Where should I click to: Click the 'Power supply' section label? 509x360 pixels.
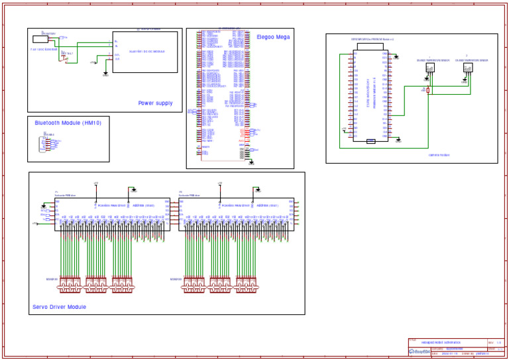[155, 103]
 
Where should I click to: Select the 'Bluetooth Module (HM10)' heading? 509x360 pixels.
[68, 123]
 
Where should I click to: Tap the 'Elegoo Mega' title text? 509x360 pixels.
[273, 37]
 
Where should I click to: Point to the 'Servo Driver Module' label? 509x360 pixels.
[59, 307]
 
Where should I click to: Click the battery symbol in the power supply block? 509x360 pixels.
[40, 39]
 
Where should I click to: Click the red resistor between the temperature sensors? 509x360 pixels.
[428, 90]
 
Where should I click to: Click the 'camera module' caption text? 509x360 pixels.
[439, 154]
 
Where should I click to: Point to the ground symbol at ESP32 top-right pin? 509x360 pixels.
[396, 57]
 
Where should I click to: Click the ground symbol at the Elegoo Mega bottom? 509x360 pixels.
[251, 162]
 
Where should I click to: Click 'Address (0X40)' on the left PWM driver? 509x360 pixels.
[143, 206]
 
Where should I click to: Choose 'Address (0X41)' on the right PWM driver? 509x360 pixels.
[266, 206]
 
